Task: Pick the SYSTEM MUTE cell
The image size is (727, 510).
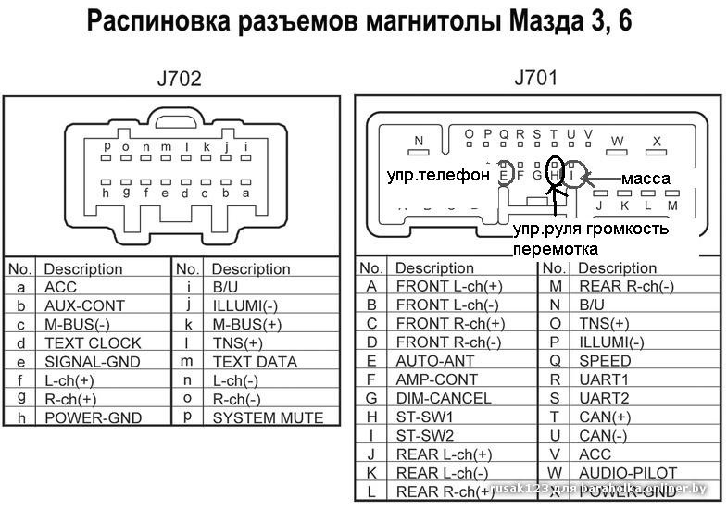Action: (268, 417)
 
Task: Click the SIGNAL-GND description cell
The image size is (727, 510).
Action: (93, 361)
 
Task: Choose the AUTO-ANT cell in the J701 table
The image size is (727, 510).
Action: (435, 361)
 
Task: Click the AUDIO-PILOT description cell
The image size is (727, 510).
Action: (628, 473)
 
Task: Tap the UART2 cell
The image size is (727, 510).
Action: (604, 398)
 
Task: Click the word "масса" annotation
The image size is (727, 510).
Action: (645, 177)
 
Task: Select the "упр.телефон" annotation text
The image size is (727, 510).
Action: (438, 174)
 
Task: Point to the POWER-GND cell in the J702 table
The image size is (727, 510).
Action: (93, 417)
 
